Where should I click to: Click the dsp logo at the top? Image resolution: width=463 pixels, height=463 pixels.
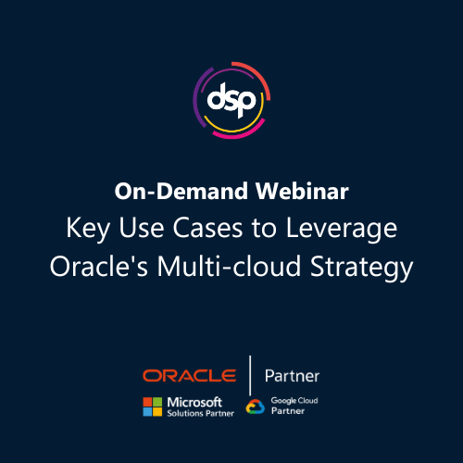(x=231, y=100)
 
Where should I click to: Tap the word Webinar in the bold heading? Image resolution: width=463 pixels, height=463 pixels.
(x=302, y=191)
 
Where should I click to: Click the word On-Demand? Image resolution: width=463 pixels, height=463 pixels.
(x=181, y=191)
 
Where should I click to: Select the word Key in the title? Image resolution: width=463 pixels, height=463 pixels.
(x=88, y=229)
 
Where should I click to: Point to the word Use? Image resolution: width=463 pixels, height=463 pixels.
(x=142, y=228)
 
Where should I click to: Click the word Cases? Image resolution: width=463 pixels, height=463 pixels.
(x=207, y=228)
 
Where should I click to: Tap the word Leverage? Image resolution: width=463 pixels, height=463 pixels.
(x=342, y=229)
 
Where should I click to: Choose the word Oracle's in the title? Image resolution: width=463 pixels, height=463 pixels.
(x=99, y=266)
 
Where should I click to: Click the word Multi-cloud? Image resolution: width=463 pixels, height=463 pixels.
(x=229, y=266)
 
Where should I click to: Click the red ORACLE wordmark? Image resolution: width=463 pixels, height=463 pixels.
(x=190, y=376)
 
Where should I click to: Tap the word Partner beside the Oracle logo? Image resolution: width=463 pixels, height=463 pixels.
(x=292, y=376)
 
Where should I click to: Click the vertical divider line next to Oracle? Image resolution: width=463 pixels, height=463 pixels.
(x=250, y=375)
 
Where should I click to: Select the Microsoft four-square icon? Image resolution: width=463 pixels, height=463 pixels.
(x=153, y=407)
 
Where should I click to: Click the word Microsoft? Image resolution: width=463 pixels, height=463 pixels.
(x=194, y=402)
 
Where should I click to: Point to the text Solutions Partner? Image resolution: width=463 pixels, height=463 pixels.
(x=201, y=413)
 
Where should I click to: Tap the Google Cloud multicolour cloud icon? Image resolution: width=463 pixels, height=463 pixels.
(x=256, y=407)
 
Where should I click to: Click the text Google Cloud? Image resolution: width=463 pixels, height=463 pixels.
(x=294, y=401)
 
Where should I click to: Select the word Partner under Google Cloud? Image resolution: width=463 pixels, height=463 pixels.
(x=288, y=411)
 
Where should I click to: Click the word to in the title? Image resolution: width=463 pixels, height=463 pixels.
(x=264, y=229)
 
